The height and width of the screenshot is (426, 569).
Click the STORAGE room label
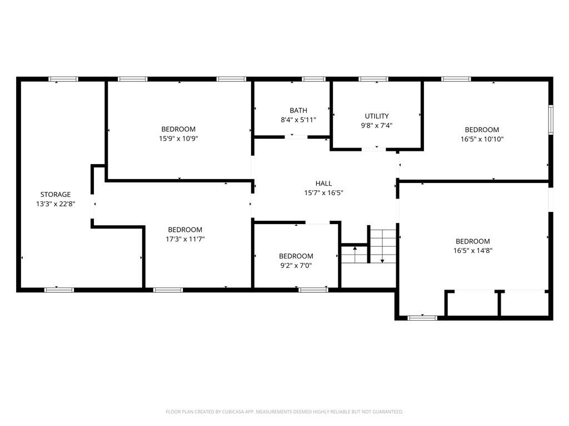56,195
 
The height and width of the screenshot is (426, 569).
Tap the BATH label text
298,110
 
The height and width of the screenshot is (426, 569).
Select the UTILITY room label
377,116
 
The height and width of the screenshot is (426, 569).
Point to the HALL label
324,184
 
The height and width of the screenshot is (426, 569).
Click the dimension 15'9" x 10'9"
178,139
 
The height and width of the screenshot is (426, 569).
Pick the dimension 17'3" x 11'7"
185,239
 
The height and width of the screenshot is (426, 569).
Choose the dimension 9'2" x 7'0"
296,266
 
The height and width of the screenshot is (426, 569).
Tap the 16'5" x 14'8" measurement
473,250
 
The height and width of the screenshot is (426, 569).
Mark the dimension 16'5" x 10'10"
482,139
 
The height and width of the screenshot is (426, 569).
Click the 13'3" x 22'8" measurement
56,204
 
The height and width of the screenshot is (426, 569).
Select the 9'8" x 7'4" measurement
377,126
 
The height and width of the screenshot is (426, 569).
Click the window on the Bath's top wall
314,79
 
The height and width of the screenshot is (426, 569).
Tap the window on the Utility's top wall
373,79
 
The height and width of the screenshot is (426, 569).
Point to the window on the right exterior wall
551,120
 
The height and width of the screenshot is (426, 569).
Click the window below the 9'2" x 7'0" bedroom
313,290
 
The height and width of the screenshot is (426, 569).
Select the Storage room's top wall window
63,79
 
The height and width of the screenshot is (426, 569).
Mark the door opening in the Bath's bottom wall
296,137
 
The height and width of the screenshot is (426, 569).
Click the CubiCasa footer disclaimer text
284,412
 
